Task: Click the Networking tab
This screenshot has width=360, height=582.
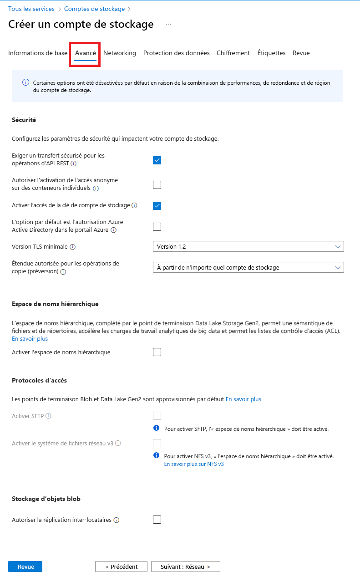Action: [x=120, y=53]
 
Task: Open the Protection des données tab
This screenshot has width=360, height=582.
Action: [x=176, y=53]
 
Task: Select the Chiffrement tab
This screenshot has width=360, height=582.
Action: [x=233, y=53]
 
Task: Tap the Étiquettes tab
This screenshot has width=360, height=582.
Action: [x=271, y=53]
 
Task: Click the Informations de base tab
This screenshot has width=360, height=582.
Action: [x=38, y=53]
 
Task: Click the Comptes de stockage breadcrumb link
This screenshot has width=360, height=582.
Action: [x=94, y=9]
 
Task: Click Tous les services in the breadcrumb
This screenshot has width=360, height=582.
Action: [x=31, y=9]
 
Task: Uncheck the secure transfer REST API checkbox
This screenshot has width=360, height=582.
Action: [x=157, y=160]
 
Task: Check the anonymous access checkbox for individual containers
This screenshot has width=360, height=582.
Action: [x=157, y=185]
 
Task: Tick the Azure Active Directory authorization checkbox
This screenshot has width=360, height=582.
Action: [x=157, y=227]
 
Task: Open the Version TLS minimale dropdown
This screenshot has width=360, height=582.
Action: [x=248, y=246]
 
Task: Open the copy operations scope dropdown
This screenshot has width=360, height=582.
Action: [x=248, y=267]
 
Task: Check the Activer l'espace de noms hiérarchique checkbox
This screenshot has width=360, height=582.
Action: [x=157, y=352]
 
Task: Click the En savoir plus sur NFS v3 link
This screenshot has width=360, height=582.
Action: [x=194, y=464]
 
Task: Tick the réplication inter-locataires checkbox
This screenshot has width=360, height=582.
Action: [x=157, y=520]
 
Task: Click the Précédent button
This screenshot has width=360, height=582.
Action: [x=121, y=567]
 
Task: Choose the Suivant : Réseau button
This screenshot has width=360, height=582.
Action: [x=185, y=567]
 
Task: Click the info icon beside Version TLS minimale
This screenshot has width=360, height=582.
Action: [x=72, y=247]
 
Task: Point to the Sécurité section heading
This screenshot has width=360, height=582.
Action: [x=24, y=120]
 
